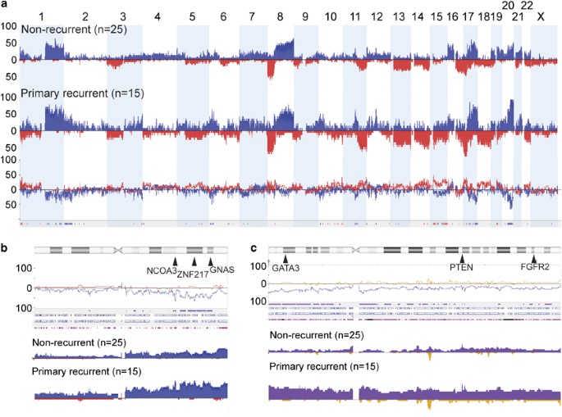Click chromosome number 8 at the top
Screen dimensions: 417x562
click(x=281, y=16)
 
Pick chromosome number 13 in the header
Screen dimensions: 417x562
click(x=399, y=16)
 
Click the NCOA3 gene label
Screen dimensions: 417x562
click(x=161, y=270)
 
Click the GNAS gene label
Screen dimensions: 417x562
click(x=222, y=270)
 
